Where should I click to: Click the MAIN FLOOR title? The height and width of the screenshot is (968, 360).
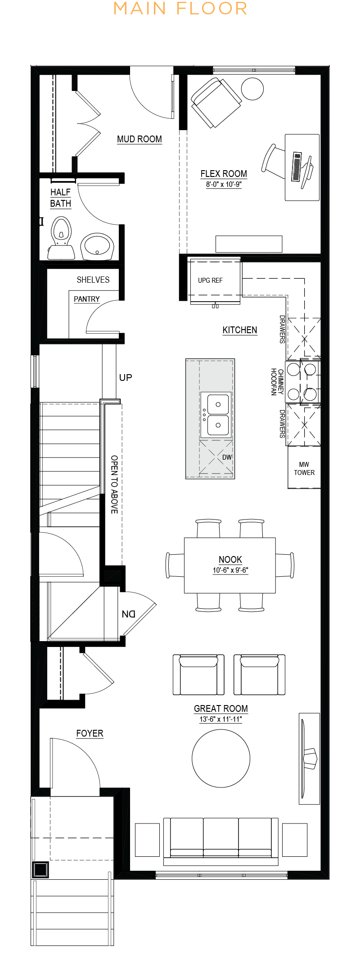pyautogui.click(x=180, y=9)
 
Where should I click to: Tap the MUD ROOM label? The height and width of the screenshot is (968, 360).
pyautogui.click(x=139, y=139)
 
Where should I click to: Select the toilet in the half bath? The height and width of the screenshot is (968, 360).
pyautogui.click(x=61, y=238)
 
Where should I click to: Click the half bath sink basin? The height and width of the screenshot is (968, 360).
pyautogui.click(x=97, y=246)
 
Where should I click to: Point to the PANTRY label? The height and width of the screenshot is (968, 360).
pyautogui.click(x=87, y=299)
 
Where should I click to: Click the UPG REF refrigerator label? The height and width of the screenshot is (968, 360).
pyautogui.click(x=210, y=280)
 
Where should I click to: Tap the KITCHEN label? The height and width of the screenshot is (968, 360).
pyautogui.click(x=240, y=330)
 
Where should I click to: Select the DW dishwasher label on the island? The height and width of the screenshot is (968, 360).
pyautogui.click(x=227, y=457)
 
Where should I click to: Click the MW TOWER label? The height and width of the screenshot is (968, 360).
pyautogui.click(x=304, y=469)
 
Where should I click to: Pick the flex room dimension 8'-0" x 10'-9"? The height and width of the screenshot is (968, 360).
pyautogui.click(x=224, y=184)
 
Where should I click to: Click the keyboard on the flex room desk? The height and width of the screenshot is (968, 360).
pyautogui.click(x=297, y=167)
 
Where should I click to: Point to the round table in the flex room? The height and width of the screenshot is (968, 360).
pyautogui.click(x=252, y=89)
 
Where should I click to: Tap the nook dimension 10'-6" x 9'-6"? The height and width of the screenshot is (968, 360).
pyautogui.click(x=230, y=570)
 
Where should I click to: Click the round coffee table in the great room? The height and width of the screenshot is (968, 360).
pyautogui.click(x=221, y=758)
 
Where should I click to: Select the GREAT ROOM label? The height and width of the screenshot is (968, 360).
pyautogui.click(x=221, y=709)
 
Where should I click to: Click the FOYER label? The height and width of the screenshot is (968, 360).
pyautogui.click(x=90, y=733)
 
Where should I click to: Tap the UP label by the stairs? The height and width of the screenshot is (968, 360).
pyautogui.click(x=126, y=377)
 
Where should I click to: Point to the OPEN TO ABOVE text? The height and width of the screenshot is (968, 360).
pyautogui.click(x=114, y=484)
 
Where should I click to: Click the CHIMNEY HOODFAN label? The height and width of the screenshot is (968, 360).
pyautogui.click(x=277, y=382)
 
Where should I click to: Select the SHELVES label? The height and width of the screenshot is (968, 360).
pyautogui.click(x=93, y=280)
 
